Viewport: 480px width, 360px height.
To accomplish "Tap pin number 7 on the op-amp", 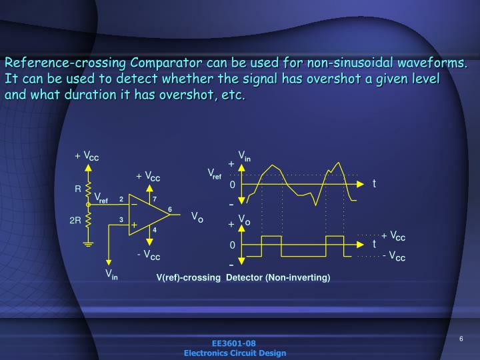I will point(155,199).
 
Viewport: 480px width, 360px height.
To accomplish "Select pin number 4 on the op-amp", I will point(155,230).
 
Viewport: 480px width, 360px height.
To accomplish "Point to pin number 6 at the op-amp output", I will point(170,210).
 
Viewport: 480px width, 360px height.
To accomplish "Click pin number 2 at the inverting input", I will point(121,199).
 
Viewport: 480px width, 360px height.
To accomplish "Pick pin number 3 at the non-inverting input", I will point(121,219).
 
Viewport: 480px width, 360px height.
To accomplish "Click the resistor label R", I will point(77,189).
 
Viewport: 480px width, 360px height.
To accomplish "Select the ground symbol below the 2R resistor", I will point(89,244).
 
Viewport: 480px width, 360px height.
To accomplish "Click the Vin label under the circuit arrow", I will point(111,273).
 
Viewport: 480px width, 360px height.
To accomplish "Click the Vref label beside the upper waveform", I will point(215,175).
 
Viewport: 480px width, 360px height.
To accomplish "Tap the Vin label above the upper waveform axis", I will point(245,156).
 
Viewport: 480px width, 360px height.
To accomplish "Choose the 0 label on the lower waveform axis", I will point(233,245).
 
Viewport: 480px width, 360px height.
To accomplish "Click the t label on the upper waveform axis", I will point(375,183).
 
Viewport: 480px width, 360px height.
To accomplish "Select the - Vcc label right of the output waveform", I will point(394,257).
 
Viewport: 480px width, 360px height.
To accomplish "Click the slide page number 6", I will point(461,339).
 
